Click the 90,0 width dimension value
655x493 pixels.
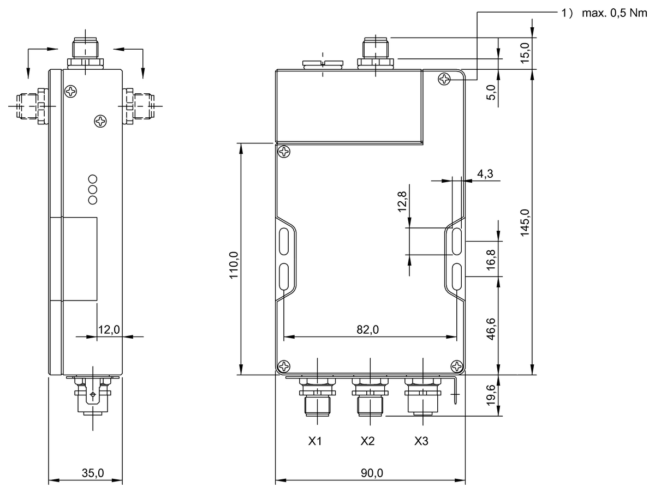coord(372,473)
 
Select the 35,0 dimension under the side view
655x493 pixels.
coord(93,473)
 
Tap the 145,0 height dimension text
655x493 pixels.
coord(525,223)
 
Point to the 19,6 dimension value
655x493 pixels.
coord(491,396)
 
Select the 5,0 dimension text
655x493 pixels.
coord(491,93)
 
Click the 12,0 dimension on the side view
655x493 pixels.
coord(109,329)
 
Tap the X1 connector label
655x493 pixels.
coord(314,441)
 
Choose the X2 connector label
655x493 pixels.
coord(368,441)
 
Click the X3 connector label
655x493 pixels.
coord(421,441)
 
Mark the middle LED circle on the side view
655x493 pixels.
coord(92,189)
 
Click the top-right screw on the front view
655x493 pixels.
coord(444,79)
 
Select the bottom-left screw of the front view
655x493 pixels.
coord(284,366)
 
